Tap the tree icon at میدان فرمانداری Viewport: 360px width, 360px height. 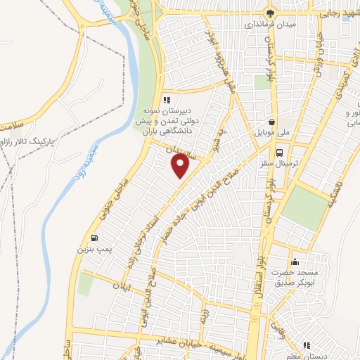pos(270,13)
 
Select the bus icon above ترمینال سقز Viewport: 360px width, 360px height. pos(280,153)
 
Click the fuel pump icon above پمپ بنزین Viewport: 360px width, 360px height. pos(95,238)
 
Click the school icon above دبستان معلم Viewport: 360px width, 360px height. pos(306,345)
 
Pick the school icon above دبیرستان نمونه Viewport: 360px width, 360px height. pos(167,100)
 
